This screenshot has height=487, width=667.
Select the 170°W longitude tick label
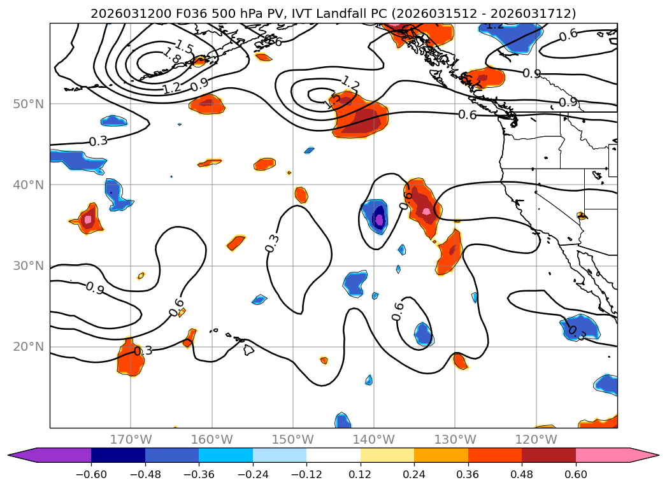pos(131,439)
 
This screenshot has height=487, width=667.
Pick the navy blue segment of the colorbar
pos(118,455)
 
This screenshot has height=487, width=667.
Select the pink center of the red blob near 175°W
pos(88,220)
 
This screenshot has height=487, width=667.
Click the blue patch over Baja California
pos(581,327)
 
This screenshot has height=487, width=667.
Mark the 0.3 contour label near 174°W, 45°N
pos(97,141)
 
